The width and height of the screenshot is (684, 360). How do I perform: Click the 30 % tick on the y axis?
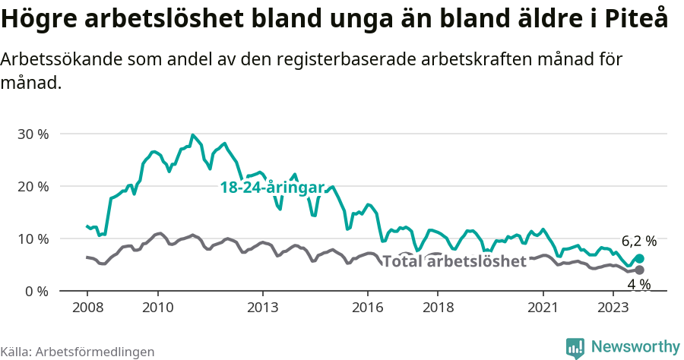coord(32,134)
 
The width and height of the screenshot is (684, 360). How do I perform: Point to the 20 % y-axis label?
coord(32,187)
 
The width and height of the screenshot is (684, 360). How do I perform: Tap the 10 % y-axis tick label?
coord(32,239)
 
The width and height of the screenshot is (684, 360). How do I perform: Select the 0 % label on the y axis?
coord(36,292)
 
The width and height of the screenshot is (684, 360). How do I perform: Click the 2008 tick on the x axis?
coord(87,308)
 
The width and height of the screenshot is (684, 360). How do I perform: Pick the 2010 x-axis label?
coord(157,308)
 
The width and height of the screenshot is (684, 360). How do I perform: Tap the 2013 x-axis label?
coord(262,308)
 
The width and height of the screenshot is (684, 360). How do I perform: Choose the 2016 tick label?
coord(368,308)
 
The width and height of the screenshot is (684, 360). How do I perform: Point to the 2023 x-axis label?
coord(613,308)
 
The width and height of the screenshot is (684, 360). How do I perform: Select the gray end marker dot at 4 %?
coord(640,270)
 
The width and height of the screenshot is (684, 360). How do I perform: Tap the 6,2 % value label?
coord(638,242)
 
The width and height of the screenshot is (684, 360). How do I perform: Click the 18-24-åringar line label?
coord(272,188)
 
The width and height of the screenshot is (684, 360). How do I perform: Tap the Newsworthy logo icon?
coord(575,348)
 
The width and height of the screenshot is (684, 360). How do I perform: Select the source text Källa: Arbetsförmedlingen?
coord(78,352)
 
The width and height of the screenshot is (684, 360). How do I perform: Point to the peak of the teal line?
coord(193,135)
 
